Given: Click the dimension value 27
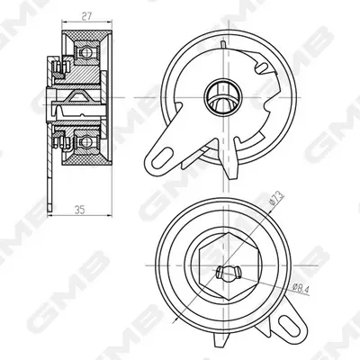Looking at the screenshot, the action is click(86, 16).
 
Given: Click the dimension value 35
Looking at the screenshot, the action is click(79, 210).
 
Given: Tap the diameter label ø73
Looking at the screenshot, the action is click(276, 198).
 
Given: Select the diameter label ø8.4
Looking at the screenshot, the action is click(300, 289).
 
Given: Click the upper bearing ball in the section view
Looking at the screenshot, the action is click(87, 53).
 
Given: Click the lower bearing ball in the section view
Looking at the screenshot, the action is click(87, 142).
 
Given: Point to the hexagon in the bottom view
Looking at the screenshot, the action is click(229, 266).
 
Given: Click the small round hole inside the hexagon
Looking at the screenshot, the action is click(229, 272).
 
